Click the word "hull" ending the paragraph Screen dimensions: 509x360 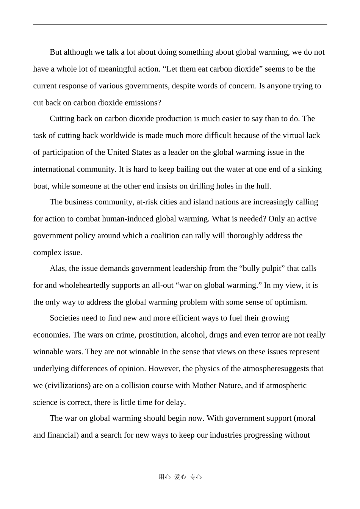point(264,186)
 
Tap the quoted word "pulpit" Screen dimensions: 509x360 point(274,269)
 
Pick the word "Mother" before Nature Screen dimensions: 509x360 point(205,386)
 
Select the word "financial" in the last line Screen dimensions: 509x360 point(63,435)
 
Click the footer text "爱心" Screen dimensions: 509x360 point(180,477)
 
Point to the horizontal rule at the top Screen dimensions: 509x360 point(180,25)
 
